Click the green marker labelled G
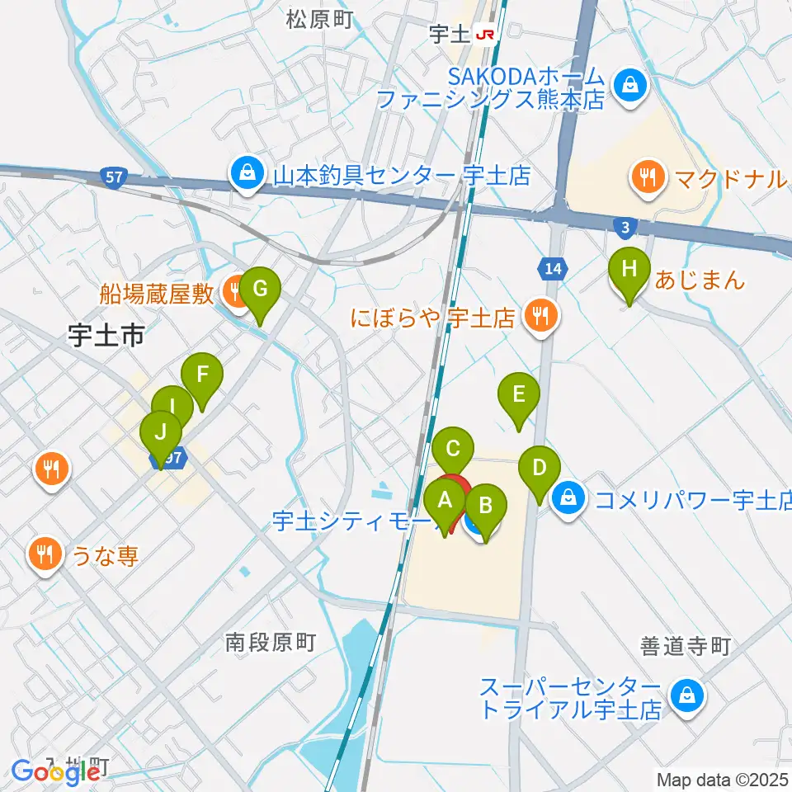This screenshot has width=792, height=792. tap(260, 290)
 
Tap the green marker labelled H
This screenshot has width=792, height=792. tap(629, 269)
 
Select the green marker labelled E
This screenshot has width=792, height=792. tap(518, 394)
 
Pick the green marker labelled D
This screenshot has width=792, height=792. tap(539, 469)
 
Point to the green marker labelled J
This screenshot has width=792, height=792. tap(161, 432)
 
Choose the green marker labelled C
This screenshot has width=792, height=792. tap(453, 450)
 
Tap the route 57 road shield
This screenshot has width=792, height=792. tap(115, 176)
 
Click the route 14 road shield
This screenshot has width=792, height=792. tap(552, 267)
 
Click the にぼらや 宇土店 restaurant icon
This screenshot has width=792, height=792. tap(540, 315)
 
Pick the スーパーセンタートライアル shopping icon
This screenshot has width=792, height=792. tap(686, 695)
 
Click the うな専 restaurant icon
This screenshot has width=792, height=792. tap(45, 554)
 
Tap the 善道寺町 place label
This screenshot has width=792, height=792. tap(686, 648)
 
